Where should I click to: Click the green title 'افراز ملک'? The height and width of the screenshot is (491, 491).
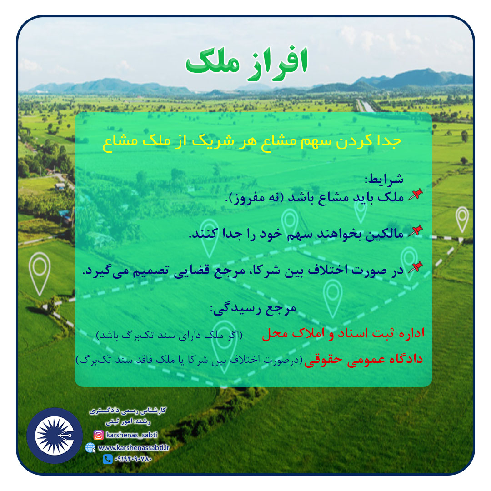(247, 64)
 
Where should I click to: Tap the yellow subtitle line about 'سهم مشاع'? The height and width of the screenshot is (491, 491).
(252, 141)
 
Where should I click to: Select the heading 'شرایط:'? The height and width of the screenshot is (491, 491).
(384, 179)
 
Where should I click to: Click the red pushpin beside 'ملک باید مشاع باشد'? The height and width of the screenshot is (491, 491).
(416, 195)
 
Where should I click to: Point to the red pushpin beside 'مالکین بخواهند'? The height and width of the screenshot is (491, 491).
(416, 231)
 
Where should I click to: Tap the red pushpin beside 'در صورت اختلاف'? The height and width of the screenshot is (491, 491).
(416, 267)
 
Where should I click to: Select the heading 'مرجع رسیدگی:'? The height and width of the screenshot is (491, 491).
(253, 308)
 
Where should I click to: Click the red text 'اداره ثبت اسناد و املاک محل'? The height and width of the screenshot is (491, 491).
(343, 333)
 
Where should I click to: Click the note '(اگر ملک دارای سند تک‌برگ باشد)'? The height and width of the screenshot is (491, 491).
(169, 335)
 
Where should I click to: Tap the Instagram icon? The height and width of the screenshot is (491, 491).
(99, 435)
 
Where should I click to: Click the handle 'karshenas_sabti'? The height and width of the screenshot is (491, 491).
(132, 435)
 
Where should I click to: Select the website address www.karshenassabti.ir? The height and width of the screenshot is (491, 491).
(134, 448)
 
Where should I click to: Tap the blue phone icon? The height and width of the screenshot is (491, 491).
(108, 459)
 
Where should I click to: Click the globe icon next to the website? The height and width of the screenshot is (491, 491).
(90, 448)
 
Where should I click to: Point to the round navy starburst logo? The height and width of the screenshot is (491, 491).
(55, 436)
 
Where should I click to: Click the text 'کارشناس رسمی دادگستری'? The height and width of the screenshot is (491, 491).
(128, 411)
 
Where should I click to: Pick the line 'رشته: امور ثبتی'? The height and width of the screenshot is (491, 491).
(128, 422)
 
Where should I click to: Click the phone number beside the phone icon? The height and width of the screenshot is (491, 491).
(133, 459)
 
